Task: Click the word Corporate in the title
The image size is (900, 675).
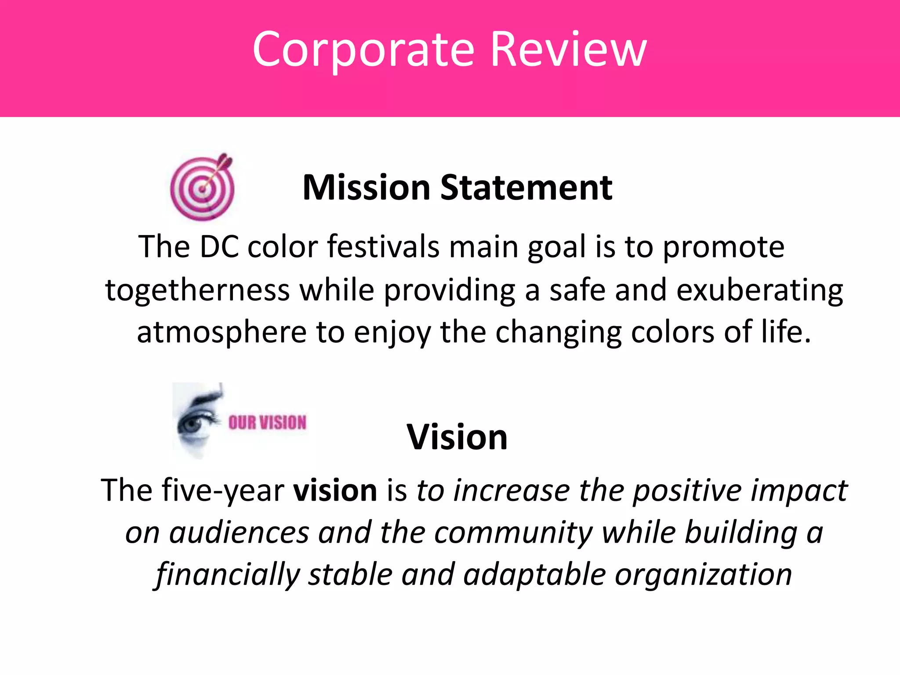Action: coord(363,49)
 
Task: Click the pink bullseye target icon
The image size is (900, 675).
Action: coord(202,188)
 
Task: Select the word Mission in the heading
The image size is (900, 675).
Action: coord(366,188)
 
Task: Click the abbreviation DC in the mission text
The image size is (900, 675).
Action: coord(219,247)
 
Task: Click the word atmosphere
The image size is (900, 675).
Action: coord(221,332)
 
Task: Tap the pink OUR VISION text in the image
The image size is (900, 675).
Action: coord(267,423)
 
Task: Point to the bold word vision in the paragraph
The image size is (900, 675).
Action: coord(335,490)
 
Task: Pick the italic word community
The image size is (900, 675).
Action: coord(514,533)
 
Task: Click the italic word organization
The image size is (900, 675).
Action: coord(703,575)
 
